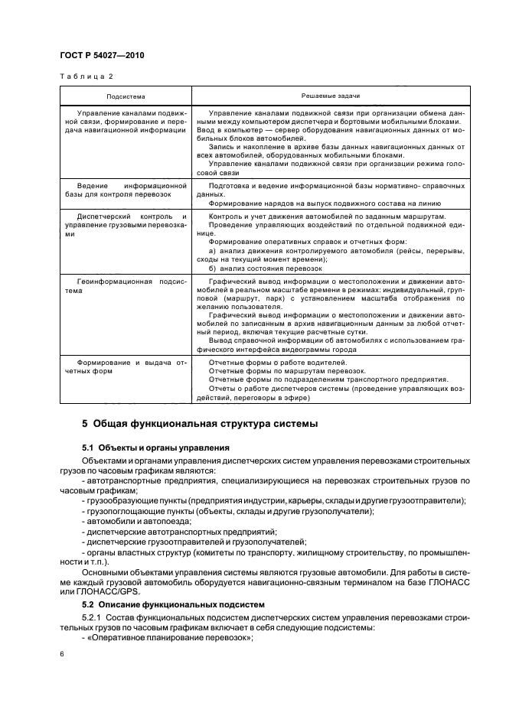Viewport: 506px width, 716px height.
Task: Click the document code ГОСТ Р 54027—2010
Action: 103,57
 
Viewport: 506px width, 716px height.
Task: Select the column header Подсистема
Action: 126,96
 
